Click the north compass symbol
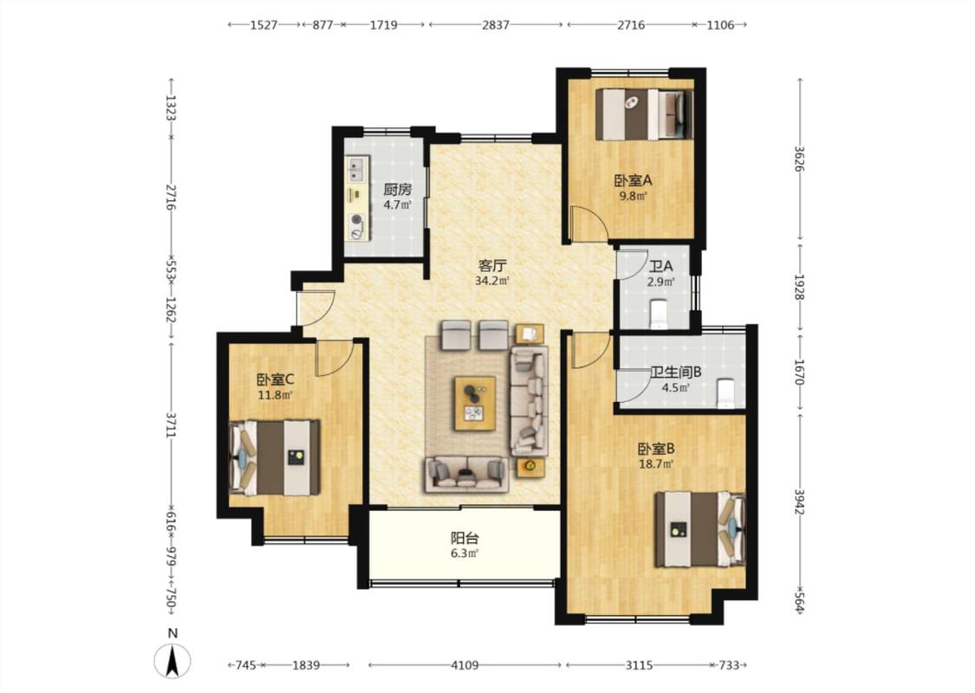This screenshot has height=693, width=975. (x=172, y=659)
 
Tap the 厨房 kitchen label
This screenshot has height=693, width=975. (x=397, y=190)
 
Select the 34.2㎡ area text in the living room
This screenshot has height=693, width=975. (x=492, y=281)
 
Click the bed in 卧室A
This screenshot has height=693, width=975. (x=644, y=113)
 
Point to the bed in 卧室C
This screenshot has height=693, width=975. (x=274, y=457)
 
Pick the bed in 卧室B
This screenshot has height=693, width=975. (x=699, y=529)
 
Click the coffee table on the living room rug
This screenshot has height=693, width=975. (x=474, y=403)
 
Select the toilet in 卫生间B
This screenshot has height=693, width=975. (x=725, y=392)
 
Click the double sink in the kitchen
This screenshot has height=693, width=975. (x=356, y=168)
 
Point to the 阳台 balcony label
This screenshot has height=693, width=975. (x=465, y=538)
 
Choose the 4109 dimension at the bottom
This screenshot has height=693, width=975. (x=465, y=665)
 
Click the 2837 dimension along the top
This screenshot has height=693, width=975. (x=496, y=25)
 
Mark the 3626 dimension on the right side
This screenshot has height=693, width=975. (x=800, y=159)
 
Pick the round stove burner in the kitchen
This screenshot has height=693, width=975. (x=356, y=219)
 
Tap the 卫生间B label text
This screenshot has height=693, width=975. (x=676, y=372)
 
